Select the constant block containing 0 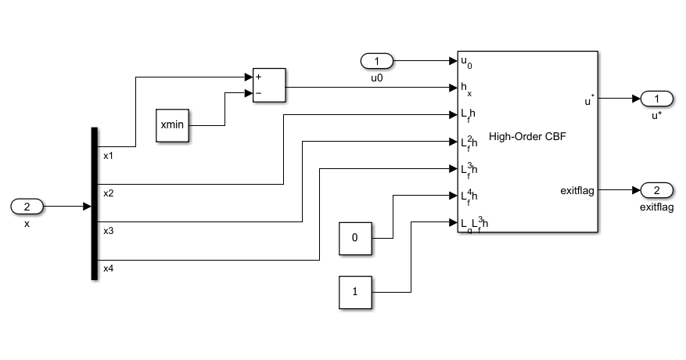[x=355, y=237]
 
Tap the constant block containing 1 [x=355, y=292]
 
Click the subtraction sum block [x=268, y=85]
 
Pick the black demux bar [x=95, y=203]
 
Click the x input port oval [x=27, y=207]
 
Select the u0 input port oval [x=377, y=61]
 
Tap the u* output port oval [x=657, y=99]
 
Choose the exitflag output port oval [x=657, y=190]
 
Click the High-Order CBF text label [x=526, y=137]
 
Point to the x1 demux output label [x=109, y=156]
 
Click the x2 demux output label [x=109, y=193]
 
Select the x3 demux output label [x=109, y=231]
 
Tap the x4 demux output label [x=109, y=268]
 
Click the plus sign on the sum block [x=258, y=77]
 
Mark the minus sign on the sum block [x=258, y=93]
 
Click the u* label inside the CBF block [x=588, y=99]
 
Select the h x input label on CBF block [x=465, y=89]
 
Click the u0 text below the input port [x=377, y=77]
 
